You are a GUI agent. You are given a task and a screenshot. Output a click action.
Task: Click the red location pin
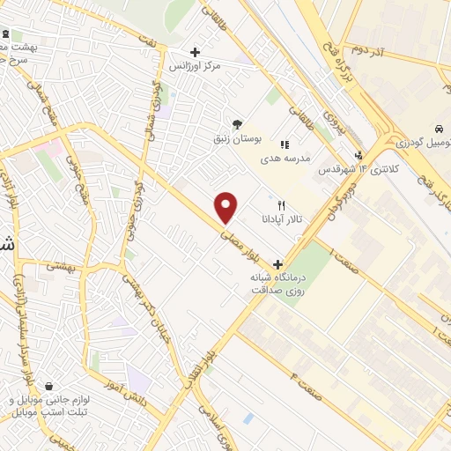click(x=226, y=206)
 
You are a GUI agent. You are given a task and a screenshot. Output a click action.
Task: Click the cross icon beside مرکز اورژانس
click(x=195, y=52)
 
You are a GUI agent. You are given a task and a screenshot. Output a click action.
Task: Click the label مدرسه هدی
click(x=283, y=159)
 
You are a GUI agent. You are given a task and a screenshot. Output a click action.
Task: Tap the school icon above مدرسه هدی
click(x=284, y=144)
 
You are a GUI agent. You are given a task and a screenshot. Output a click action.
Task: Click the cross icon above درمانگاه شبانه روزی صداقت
click(x=278, y=263)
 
